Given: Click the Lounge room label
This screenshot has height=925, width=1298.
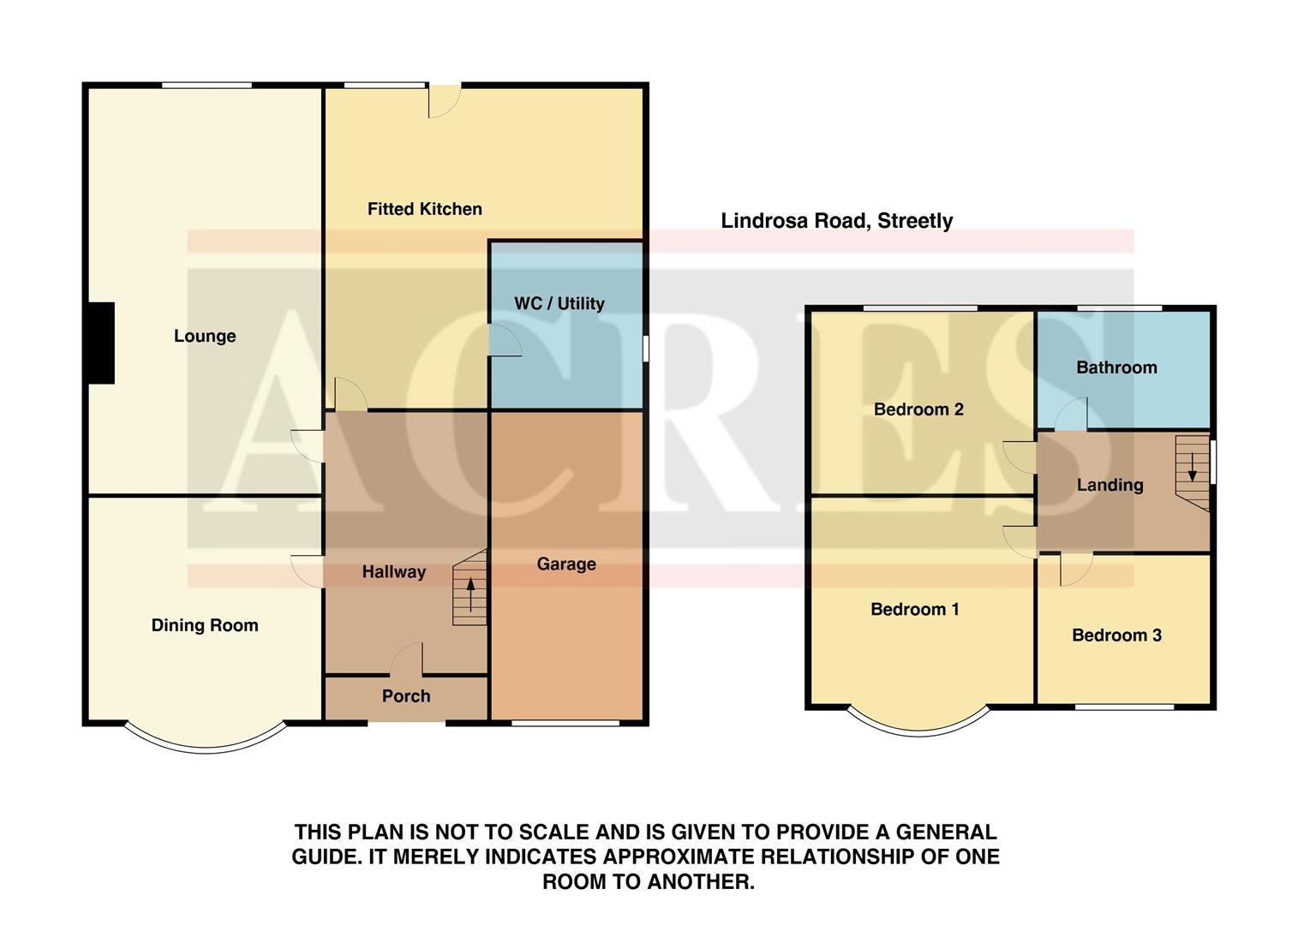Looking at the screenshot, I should coord(205,336).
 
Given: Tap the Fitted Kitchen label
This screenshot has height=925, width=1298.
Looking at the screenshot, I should coord(424,209).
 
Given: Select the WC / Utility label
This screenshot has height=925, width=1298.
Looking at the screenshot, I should coord(559,303).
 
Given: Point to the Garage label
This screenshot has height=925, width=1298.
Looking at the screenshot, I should coord(565,564).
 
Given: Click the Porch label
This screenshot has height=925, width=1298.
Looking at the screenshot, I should coord(405,695).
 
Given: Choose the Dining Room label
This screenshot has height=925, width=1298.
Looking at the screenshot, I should coord(205,625).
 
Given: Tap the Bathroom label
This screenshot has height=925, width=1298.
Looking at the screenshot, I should coord(1116,367).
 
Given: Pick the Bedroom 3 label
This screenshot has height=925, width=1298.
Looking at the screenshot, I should coord(1116,635).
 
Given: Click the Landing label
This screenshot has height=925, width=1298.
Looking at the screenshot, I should coord(1110,485).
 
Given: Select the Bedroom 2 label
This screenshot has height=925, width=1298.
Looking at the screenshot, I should coord(918,409).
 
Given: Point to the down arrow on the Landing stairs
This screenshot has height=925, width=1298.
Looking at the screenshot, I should coord(1192,467).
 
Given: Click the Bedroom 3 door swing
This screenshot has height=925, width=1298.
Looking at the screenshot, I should coord(1075,569).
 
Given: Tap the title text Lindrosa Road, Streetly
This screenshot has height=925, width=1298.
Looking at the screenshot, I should coord(836,221).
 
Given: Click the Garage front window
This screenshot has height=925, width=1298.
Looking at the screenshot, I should coord(565,724).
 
